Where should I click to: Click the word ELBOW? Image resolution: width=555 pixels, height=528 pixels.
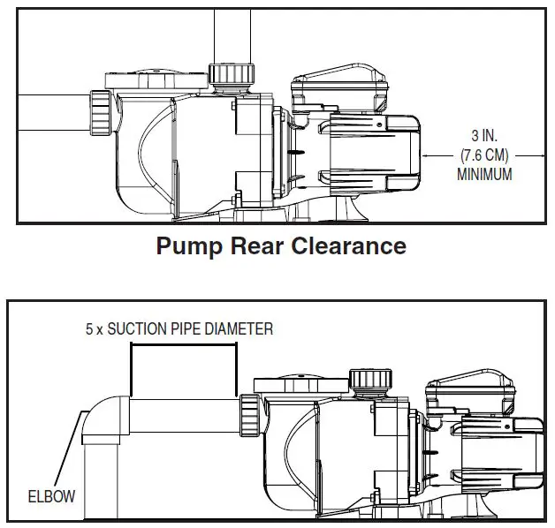pyautogui.click(x=51, y=496)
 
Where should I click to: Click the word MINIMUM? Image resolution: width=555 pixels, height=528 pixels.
pyautogui.click(x=483, y=175)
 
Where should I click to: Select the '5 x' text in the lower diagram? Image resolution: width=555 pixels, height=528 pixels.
pyautogui.click(x=94, y=328)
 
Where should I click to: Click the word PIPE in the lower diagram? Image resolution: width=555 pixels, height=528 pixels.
pyautogui.click(x=189, y=328)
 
